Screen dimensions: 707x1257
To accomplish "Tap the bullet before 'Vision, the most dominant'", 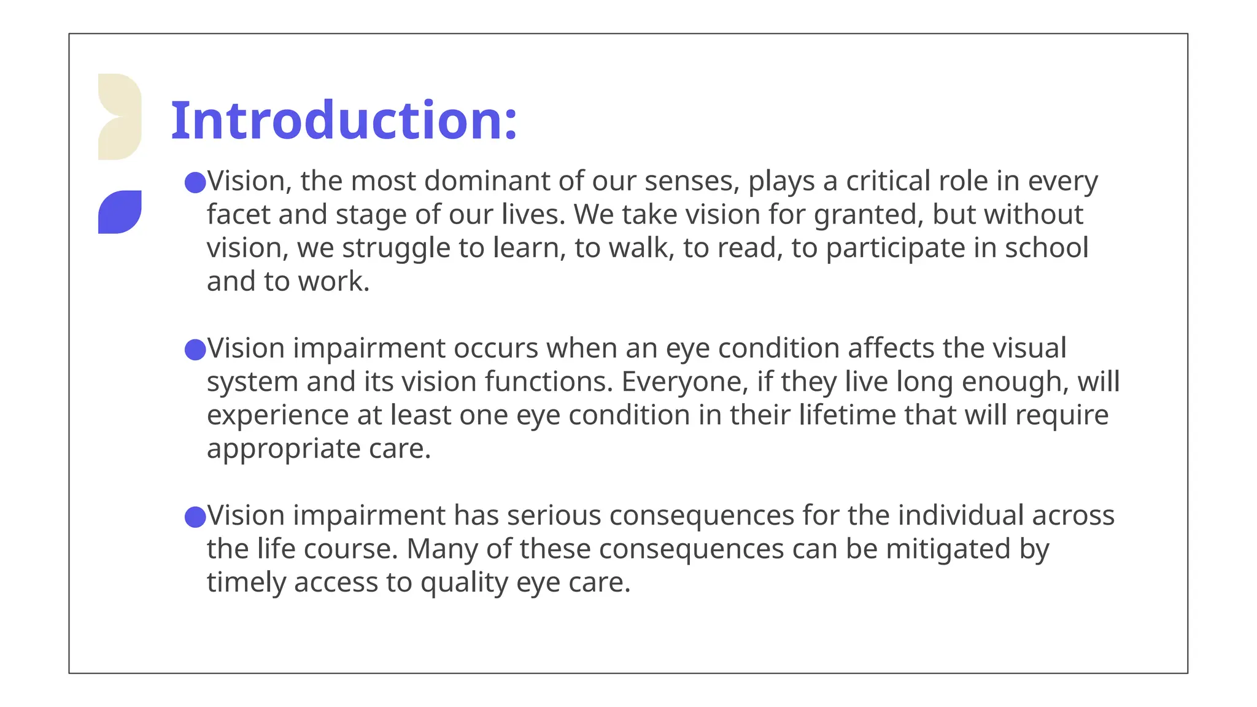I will point(195,182).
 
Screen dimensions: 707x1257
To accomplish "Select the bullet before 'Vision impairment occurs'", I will point(195,350).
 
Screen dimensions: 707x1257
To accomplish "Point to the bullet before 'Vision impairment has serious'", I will point(195,517).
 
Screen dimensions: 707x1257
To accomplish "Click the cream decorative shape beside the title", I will point(120,117).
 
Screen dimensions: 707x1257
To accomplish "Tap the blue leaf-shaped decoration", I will point(120,212).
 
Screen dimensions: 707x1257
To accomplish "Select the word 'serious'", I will point(554,516).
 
